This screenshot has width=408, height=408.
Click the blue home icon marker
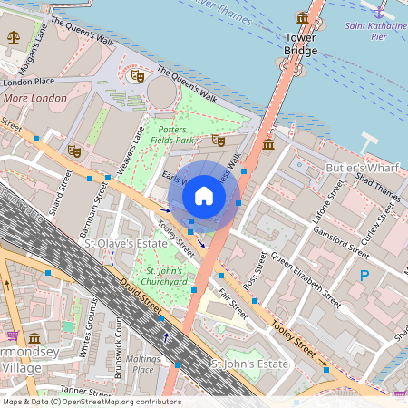pos(204,196)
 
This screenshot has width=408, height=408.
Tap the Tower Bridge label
pos(300,44)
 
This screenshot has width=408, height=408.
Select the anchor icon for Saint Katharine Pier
pos(379,12)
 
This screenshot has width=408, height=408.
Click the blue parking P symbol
pos(364,275)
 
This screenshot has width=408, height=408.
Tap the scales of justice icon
pos(13,37)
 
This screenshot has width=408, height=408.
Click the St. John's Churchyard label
pos(164,276)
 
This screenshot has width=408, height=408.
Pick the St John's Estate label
pos(248,364)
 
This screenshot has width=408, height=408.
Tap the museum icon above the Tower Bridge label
pos(302,17)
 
